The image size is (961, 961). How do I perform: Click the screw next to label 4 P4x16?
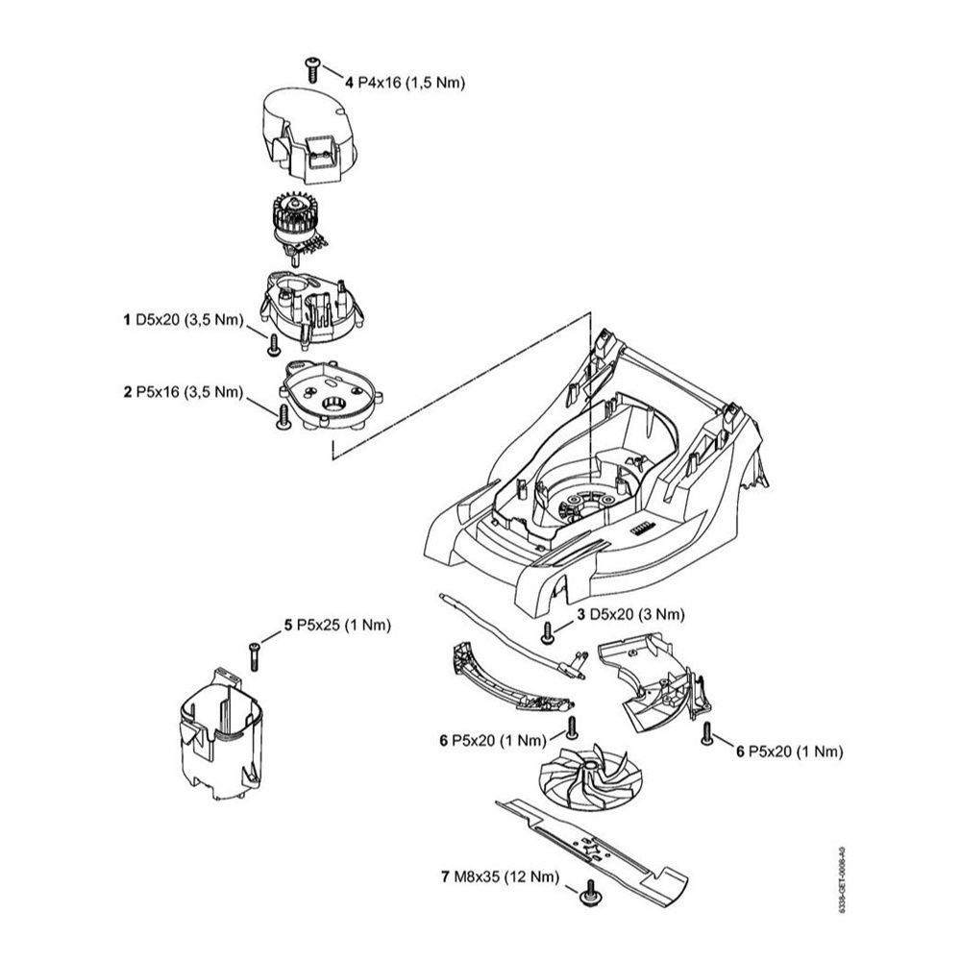pyautogui.click(x=312, y=67)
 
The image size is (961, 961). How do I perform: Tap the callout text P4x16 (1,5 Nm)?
pyautogui.click(x=410, y=84)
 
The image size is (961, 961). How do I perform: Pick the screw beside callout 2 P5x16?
pyautogui.click(x=283, y=415)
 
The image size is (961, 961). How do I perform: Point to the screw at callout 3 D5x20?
pyautogui.click(x=547, y=631)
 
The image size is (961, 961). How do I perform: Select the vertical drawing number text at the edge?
pyautogui.click(x=843, y=878)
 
